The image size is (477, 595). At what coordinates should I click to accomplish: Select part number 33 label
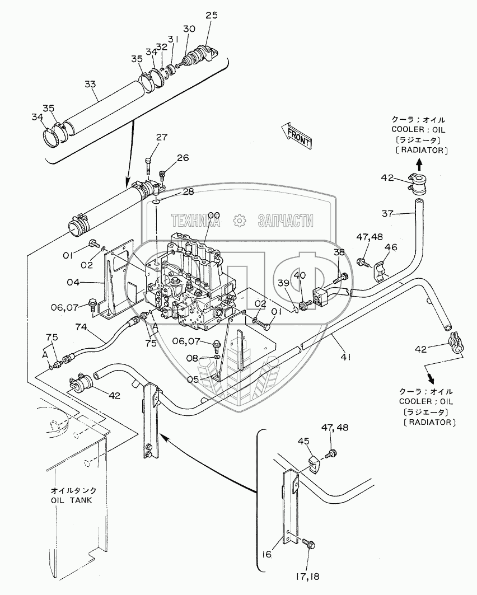click(x=91, y=84)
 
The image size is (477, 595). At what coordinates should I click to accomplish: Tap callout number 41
click(x=345, y=357)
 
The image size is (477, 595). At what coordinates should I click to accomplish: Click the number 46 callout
click(x=391, y=247)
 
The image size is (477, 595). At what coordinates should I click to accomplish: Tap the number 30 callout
click(x=189, y=28)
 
